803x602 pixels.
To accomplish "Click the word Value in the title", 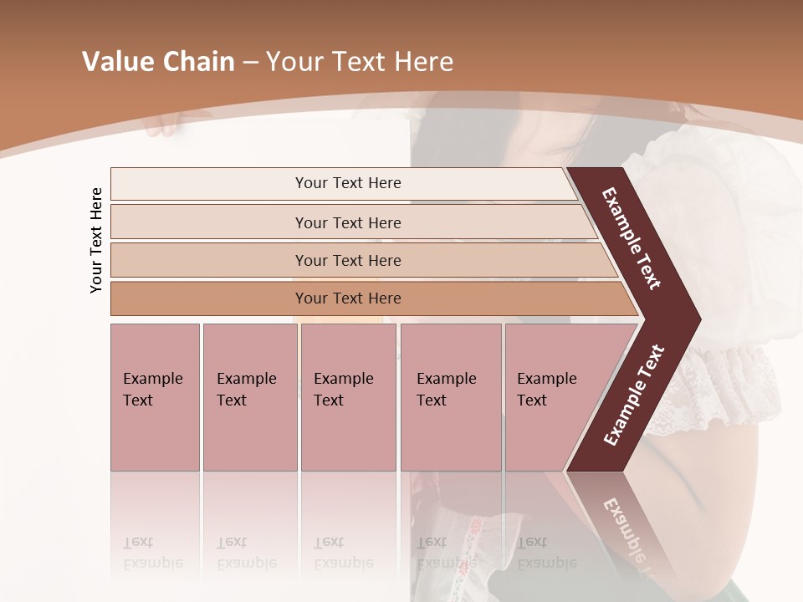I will tap(117, 62).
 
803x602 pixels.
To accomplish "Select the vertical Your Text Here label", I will tap(96, 240).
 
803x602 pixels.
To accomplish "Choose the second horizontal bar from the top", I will tap(348, 222).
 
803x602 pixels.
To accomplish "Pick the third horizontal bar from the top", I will tap(348, 260).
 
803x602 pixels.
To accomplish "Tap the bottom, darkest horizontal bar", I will tap(348, 298).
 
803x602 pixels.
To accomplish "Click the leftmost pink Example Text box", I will tap(155, 397).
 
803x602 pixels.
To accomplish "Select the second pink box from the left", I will tap(249, 397).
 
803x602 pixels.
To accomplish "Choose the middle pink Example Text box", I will tap(348, 397).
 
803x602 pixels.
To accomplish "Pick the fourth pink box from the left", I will tap(451, 397).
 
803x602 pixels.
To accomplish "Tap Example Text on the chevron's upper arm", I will tap(632, 238).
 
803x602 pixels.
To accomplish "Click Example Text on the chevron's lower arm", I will tap(633, 395).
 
